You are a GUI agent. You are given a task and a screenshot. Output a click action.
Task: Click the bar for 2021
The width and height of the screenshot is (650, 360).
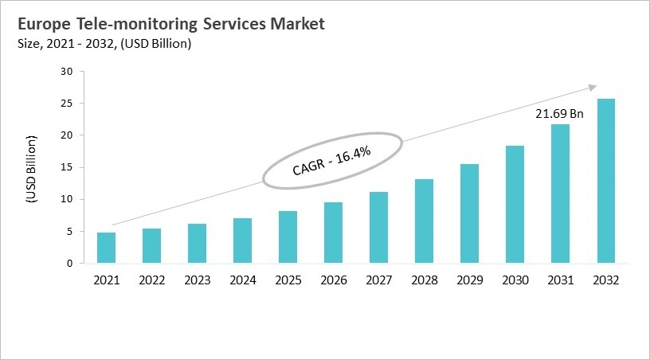tap(106, 248)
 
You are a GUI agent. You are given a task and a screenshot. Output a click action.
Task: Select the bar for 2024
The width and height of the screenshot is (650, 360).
tap(242, 241)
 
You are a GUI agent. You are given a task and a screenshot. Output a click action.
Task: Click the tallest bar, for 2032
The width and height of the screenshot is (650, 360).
tap(606, 181)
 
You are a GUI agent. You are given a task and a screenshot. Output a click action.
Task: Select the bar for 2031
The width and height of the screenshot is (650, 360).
tap(561, 194)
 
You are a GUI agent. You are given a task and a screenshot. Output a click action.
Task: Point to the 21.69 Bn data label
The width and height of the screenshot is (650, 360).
tap(559, 114)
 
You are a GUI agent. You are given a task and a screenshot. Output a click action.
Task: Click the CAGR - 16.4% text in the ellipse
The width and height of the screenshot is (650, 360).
tap(331, 160)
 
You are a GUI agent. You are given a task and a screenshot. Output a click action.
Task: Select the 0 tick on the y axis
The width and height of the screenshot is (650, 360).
tap(69, 263)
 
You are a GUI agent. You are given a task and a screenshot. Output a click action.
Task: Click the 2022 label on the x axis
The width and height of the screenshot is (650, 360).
tap(151, 280)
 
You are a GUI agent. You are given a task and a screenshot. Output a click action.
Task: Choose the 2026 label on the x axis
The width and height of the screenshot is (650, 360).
tap(333, 280)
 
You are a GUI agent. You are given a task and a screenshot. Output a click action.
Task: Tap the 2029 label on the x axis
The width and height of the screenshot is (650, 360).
tap(470, 280)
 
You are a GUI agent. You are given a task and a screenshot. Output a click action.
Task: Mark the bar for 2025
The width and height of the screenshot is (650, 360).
tap(288, 237)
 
